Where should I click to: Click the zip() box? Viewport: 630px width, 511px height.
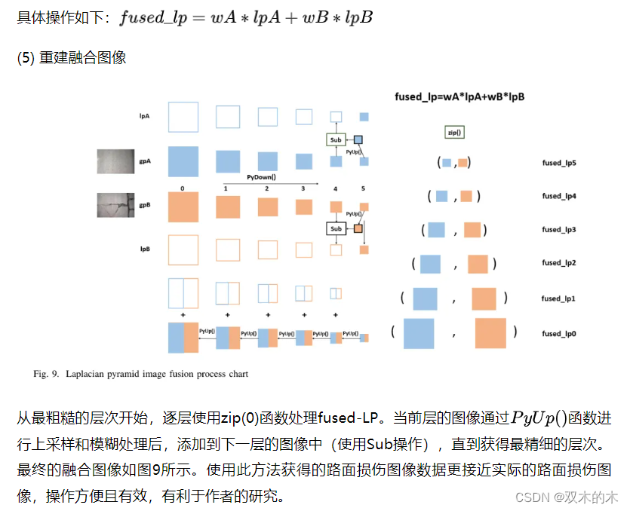click(x=454, y=132)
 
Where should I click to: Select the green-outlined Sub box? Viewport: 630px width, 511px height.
click(x=336, y=140)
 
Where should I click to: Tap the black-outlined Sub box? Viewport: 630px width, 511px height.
click(x=336, y=228)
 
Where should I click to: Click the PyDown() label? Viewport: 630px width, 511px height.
click(x=262, y=177)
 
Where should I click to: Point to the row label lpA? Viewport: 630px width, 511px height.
click(x=144, y=117)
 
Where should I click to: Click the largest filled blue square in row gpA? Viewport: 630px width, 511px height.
click(x=183, y=161)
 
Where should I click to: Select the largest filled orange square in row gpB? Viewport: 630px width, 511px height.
click(x=183, y=207)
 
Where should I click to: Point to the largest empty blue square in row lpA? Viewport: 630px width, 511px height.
click(x=183, y=117)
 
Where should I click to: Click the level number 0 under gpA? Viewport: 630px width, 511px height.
click(x=183, y=188)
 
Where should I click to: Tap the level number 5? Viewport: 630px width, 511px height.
click(x=364, y=188)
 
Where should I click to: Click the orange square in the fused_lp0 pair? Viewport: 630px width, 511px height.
click(x=490, y=333)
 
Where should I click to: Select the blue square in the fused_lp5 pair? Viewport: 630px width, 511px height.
click(x=447, y=163)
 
